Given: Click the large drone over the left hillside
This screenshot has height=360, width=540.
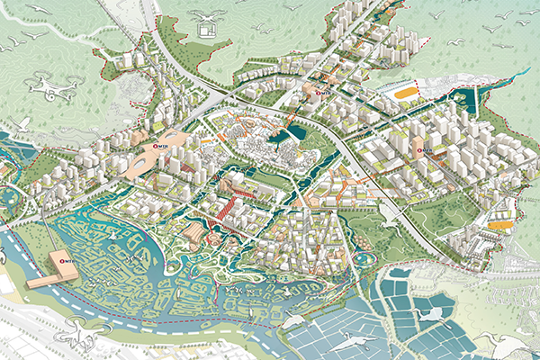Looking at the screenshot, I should click(x=50, y=88).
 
